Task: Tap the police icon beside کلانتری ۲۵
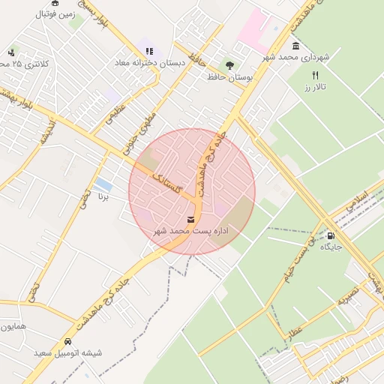(11, 52)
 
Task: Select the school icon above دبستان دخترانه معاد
(149, 51)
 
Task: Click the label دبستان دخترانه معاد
(149, 63)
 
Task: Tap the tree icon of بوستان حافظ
(229, 65)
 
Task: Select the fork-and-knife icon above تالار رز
(315, 76)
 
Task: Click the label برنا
(103, 197)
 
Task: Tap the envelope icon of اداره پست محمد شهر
(190, 220)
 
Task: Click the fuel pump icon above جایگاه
(331, 235)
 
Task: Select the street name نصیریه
(348, 298)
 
